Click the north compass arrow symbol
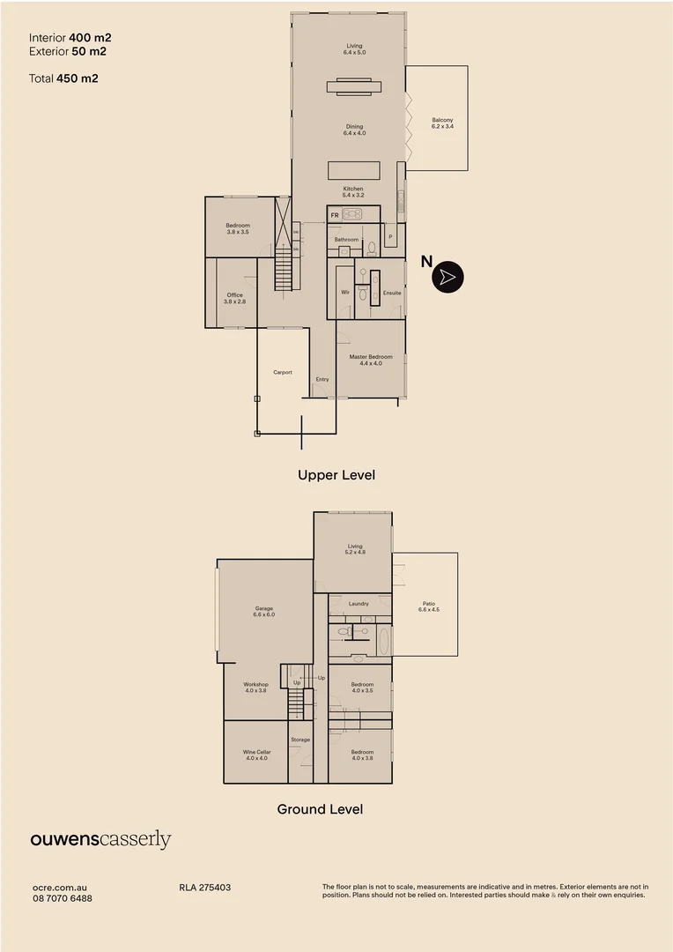tap(447, 277)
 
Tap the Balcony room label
tap(442, 123)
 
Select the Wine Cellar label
tap(256, 755)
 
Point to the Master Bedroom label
tap(371, 360)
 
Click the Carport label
tap(282, 372)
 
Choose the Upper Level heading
tap(336, 475)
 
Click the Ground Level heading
tap(320, 808)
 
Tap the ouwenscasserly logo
tap(100, 840)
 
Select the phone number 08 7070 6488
tap(62, 898)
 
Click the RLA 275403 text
tap(204, 888)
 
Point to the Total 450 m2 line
tap(63, 78)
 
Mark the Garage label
tap(264, 611)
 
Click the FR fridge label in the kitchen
tap(335, 214)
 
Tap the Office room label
tap(234, 298)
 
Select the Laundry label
tap(359, 604)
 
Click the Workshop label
tap(256, 687)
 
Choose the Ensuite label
tap(392, 293)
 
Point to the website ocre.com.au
tap(59, 888)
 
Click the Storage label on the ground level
tap(300, 740)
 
